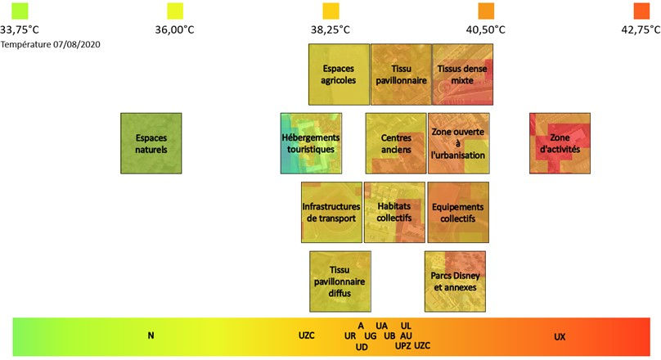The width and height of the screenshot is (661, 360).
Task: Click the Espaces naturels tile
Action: point(151,143)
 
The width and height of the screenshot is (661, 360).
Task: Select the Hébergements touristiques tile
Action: point(310,143)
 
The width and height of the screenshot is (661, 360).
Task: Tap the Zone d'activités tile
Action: point(560,143)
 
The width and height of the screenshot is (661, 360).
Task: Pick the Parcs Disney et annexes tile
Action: point(455,281)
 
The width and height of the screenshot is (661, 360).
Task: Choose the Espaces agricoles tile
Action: point(339,74)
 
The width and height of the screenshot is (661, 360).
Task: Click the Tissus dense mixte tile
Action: point(461,74)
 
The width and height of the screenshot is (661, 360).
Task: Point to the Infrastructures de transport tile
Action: point(331,212)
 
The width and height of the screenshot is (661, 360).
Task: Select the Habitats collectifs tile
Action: point(394,212)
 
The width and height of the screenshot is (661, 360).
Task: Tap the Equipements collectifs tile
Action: point(458,212)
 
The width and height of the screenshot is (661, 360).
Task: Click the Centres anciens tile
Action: point(396,143)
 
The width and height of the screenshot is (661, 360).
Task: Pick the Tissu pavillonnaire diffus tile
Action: point(340,281)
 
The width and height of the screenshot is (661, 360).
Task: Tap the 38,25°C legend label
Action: point(330,29)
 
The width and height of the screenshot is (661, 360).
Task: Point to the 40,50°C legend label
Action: point(486,29)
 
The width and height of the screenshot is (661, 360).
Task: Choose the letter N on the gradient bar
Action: point(151,335)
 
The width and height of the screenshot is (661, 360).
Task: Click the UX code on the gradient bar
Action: point(560,336)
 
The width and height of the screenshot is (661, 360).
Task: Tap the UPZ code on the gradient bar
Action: point(403,346)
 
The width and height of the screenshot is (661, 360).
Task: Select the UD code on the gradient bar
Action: point(362,347)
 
